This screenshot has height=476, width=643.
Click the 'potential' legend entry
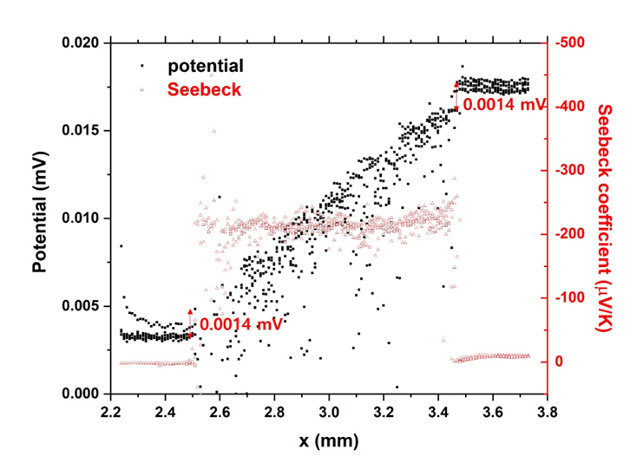tap(206, 66)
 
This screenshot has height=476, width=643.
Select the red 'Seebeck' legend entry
tap(206, 89)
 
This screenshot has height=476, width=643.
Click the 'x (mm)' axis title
tap(329, 440)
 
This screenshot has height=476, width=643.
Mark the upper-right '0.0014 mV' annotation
tap(503, 105)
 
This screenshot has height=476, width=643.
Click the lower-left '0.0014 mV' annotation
tap(240, 325)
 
